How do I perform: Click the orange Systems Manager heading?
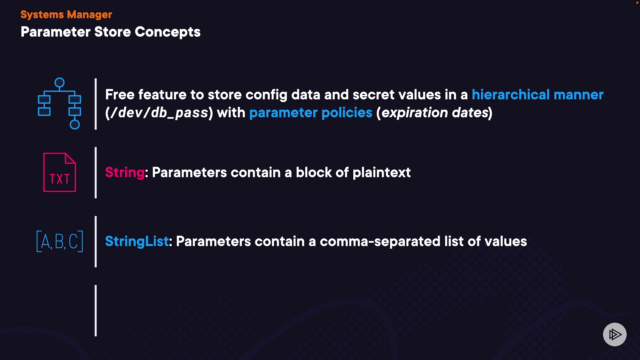point(66,15)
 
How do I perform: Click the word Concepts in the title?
point(167,32)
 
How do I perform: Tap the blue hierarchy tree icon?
point(59,104)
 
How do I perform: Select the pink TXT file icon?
point(60,172)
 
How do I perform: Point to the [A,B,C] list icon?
point(60,241)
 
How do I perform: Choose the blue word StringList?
point(137,242)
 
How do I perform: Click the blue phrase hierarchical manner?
point(537,95)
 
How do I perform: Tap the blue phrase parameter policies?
point(311,113)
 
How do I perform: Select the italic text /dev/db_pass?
point(159,113)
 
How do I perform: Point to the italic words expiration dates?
point(435,113)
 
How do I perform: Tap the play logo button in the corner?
point(615,334)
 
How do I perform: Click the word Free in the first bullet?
point(120,95)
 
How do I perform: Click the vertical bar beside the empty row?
point(96,311)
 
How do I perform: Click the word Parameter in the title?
point(56,32)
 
